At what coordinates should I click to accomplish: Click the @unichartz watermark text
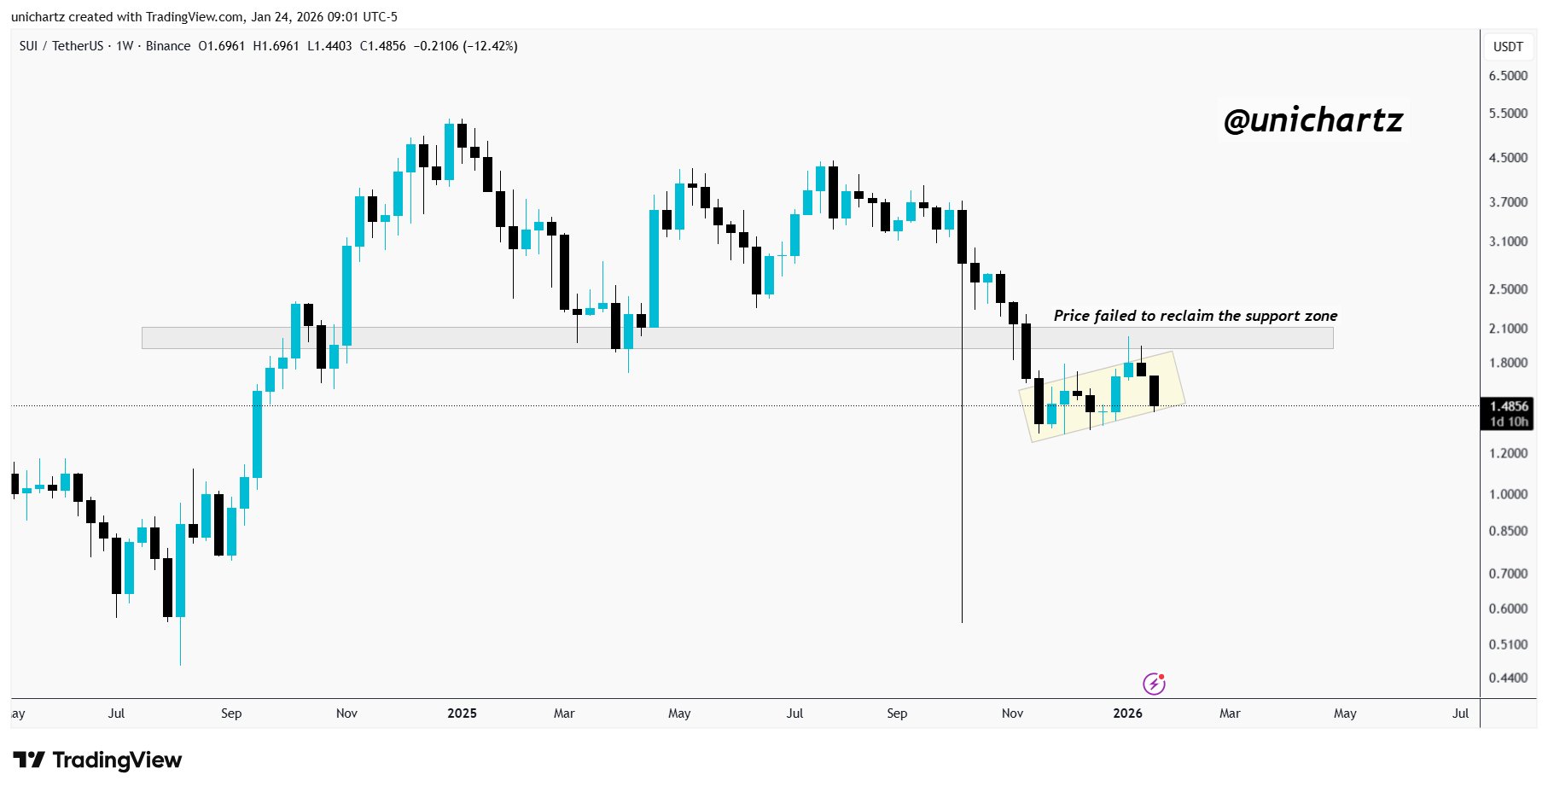1312,120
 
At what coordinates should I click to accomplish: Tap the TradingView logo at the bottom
97,760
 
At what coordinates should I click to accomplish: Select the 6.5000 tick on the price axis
1508,76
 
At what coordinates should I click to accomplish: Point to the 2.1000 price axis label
1508,329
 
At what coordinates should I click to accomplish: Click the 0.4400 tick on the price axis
1508,678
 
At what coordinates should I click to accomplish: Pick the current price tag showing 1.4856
1509,406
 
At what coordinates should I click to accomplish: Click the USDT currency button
1508,47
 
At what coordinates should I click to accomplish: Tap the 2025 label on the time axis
462,713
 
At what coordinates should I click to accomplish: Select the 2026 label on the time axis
1127,713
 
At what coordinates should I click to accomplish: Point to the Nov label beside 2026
1012,713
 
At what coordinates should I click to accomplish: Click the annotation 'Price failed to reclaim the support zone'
1195,316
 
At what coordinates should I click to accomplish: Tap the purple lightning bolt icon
1154,684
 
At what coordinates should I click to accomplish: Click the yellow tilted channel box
1101,418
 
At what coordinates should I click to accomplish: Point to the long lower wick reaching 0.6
962,512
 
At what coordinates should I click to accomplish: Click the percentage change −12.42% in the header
490,46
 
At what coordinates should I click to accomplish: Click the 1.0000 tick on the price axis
1508,494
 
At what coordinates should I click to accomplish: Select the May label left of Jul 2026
1345,713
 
